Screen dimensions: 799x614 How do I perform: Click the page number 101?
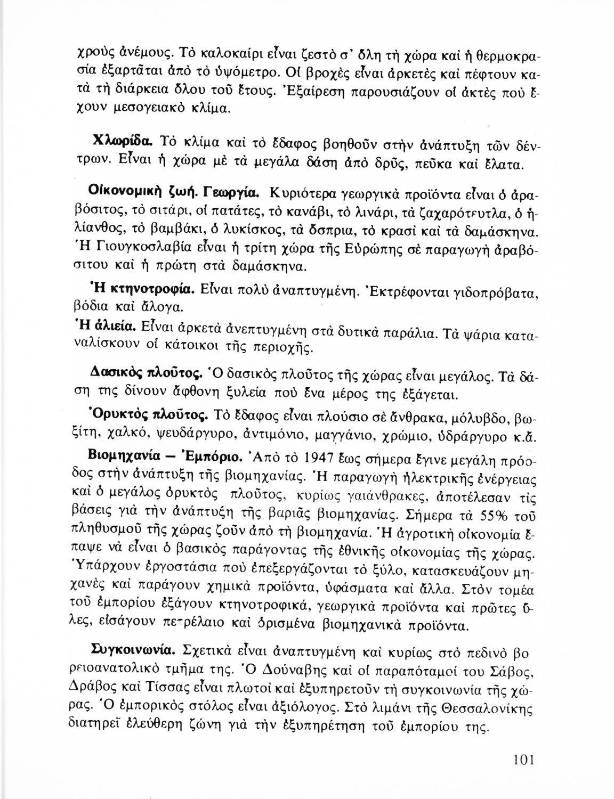pyautogui.click(x=522, y=759)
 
